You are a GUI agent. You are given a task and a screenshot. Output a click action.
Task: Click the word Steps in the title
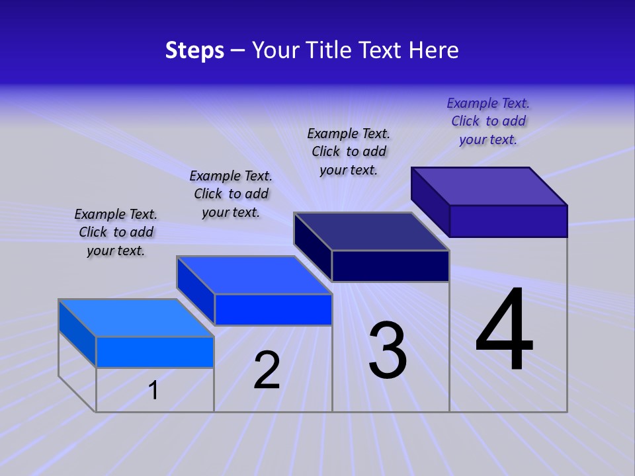click(194, 50)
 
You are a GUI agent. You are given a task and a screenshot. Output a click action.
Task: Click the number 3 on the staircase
click(388, 350)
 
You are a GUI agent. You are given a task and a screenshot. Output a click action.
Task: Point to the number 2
click(267, 370)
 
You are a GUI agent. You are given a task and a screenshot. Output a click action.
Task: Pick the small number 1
click(153, 390)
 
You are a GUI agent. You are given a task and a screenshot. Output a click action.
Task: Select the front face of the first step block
click(155, 352)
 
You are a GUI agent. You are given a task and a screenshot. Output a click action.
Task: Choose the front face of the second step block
click(273, 309)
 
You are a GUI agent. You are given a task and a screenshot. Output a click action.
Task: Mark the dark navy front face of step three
click(390, 266)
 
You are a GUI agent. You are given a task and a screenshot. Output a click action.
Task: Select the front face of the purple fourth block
click(508, 221)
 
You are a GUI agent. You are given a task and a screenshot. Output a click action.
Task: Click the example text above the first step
click(116, 232)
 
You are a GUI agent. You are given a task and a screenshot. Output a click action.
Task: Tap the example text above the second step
click(231, 194)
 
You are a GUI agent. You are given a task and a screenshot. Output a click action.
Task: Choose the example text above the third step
click(349, 151)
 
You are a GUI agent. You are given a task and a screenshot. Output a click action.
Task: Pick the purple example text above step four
click(488, 121)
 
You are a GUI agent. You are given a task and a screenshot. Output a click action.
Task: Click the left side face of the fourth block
click(430, 202)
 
